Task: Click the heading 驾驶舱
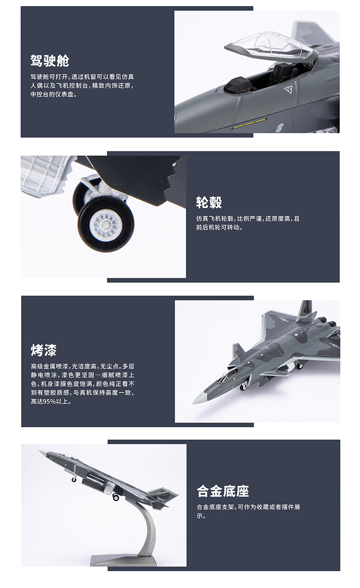click(x=50, y=61)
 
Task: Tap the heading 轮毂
click(x=209, y=202)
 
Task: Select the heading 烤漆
click(x=44, y=350)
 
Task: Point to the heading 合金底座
click(x=223, y=491)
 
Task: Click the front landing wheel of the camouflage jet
click(x=242, y=387)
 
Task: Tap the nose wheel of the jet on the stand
click(x=74, y=479)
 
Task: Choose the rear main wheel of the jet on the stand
click(x=116, y=497)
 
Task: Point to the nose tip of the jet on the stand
click(x=40, y=451)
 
